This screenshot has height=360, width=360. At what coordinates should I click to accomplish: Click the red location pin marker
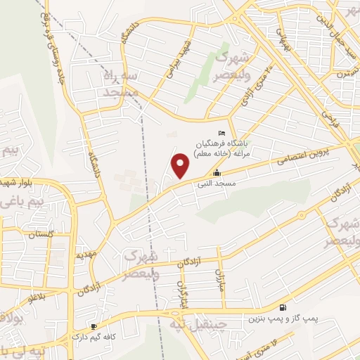point(181,165)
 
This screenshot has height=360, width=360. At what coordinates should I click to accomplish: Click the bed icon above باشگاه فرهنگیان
point(223,134)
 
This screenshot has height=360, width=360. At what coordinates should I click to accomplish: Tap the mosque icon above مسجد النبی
point(217,172)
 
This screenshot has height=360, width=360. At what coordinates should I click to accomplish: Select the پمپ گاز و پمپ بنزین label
point(282,319)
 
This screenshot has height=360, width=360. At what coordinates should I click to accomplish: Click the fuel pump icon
point(283,307)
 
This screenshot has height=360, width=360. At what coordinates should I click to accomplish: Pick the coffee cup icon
point(94,327)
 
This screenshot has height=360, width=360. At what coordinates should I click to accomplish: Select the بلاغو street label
point(37,297)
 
